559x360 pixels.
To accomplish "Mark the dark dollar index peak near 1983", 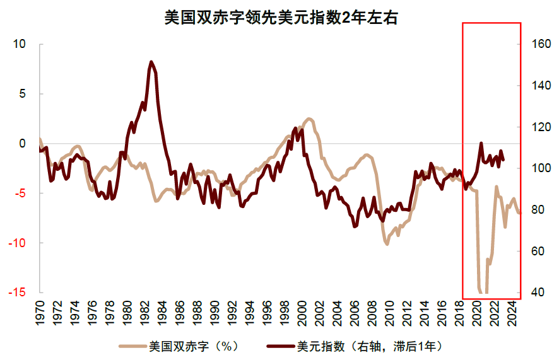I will coord(151,62).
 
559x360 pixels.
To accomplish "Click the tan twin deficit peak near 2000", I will coord(309,119).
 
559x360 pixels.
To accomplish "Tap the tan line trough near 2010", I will coord(387,244).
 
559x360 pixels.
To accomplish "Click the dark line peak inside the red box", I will coord(481,143).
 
